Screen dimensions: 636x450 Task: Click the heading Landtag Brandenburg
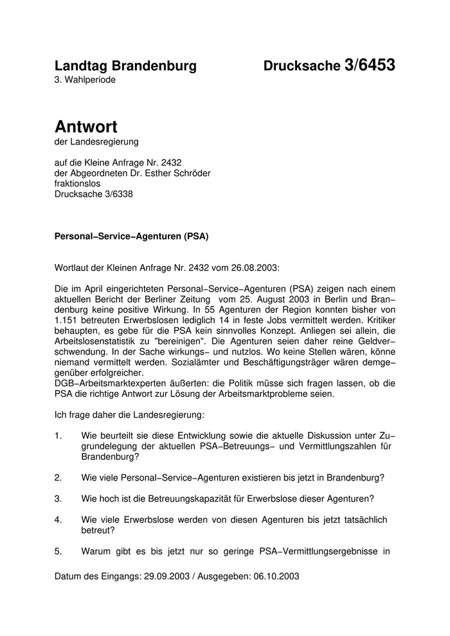point(125,66)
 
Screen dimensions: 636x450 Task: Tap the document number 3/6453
point(370,65)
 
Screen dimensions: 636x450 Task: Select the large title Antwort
point(86,127)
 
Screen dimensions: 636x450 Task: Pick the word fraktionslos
point(78,183)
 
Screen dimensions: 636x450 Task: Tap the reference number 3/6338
point(116,194)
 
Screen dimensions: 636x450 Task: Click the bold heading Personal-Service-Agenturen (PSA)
point(132,236)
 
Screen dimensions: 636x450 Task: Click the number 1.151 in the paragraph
point(67,322)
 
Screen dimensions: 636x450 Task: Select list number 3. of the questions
point(59,498)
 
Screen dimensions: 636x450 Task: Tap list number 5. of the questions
point(59,551)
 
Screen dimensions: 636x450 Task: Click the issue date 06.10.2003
point(276,576)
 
